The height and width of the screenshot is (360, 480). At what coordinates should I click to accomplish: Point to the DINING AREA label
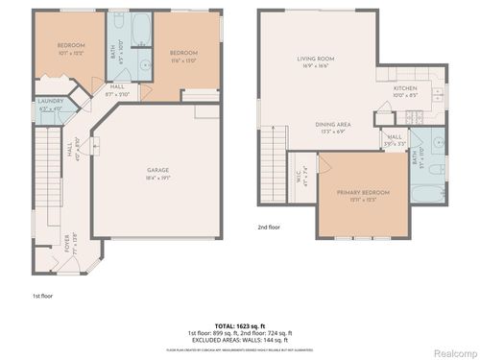[x=333, y=126]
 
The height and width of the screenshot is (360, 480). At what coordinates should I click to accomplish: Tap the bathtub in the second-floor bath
[x=429, y=193]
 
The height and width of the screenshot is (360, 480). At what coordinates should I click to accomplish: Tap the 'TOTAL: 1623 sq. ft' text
[x=238, y=327]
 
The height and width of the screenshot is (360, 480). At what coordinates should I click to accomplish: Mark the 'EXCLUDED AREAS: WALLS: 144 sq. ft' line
[x=239, y=341]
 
